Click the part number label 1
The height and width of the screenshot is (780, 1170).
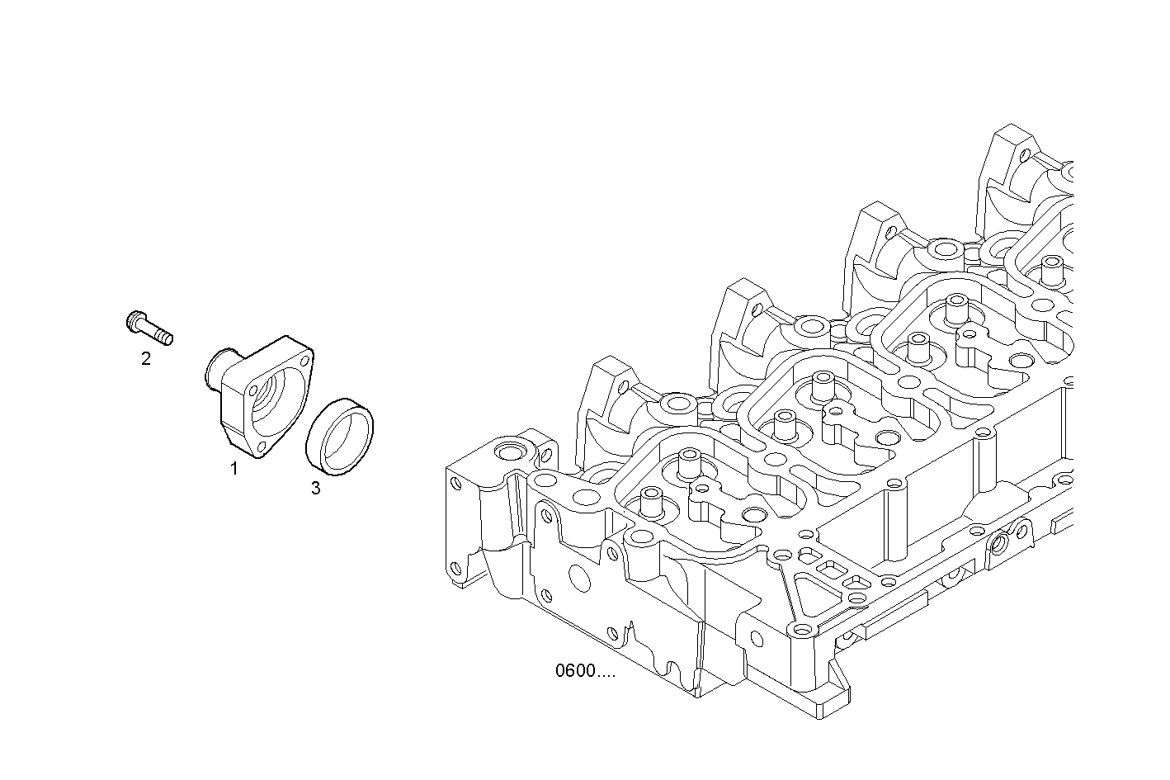234,469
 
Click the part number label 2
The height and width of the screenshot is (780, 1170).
146,359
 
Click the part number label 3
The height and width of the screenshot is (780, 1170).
315,488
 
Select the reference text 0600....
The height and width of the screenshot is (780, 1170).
584,670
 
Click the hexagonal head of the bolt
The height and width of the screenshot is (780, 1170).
135,321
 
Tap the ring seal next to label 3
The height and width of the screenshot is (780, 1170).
340,437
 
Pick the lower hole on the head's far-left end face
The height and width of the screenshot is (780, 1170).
454,568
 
